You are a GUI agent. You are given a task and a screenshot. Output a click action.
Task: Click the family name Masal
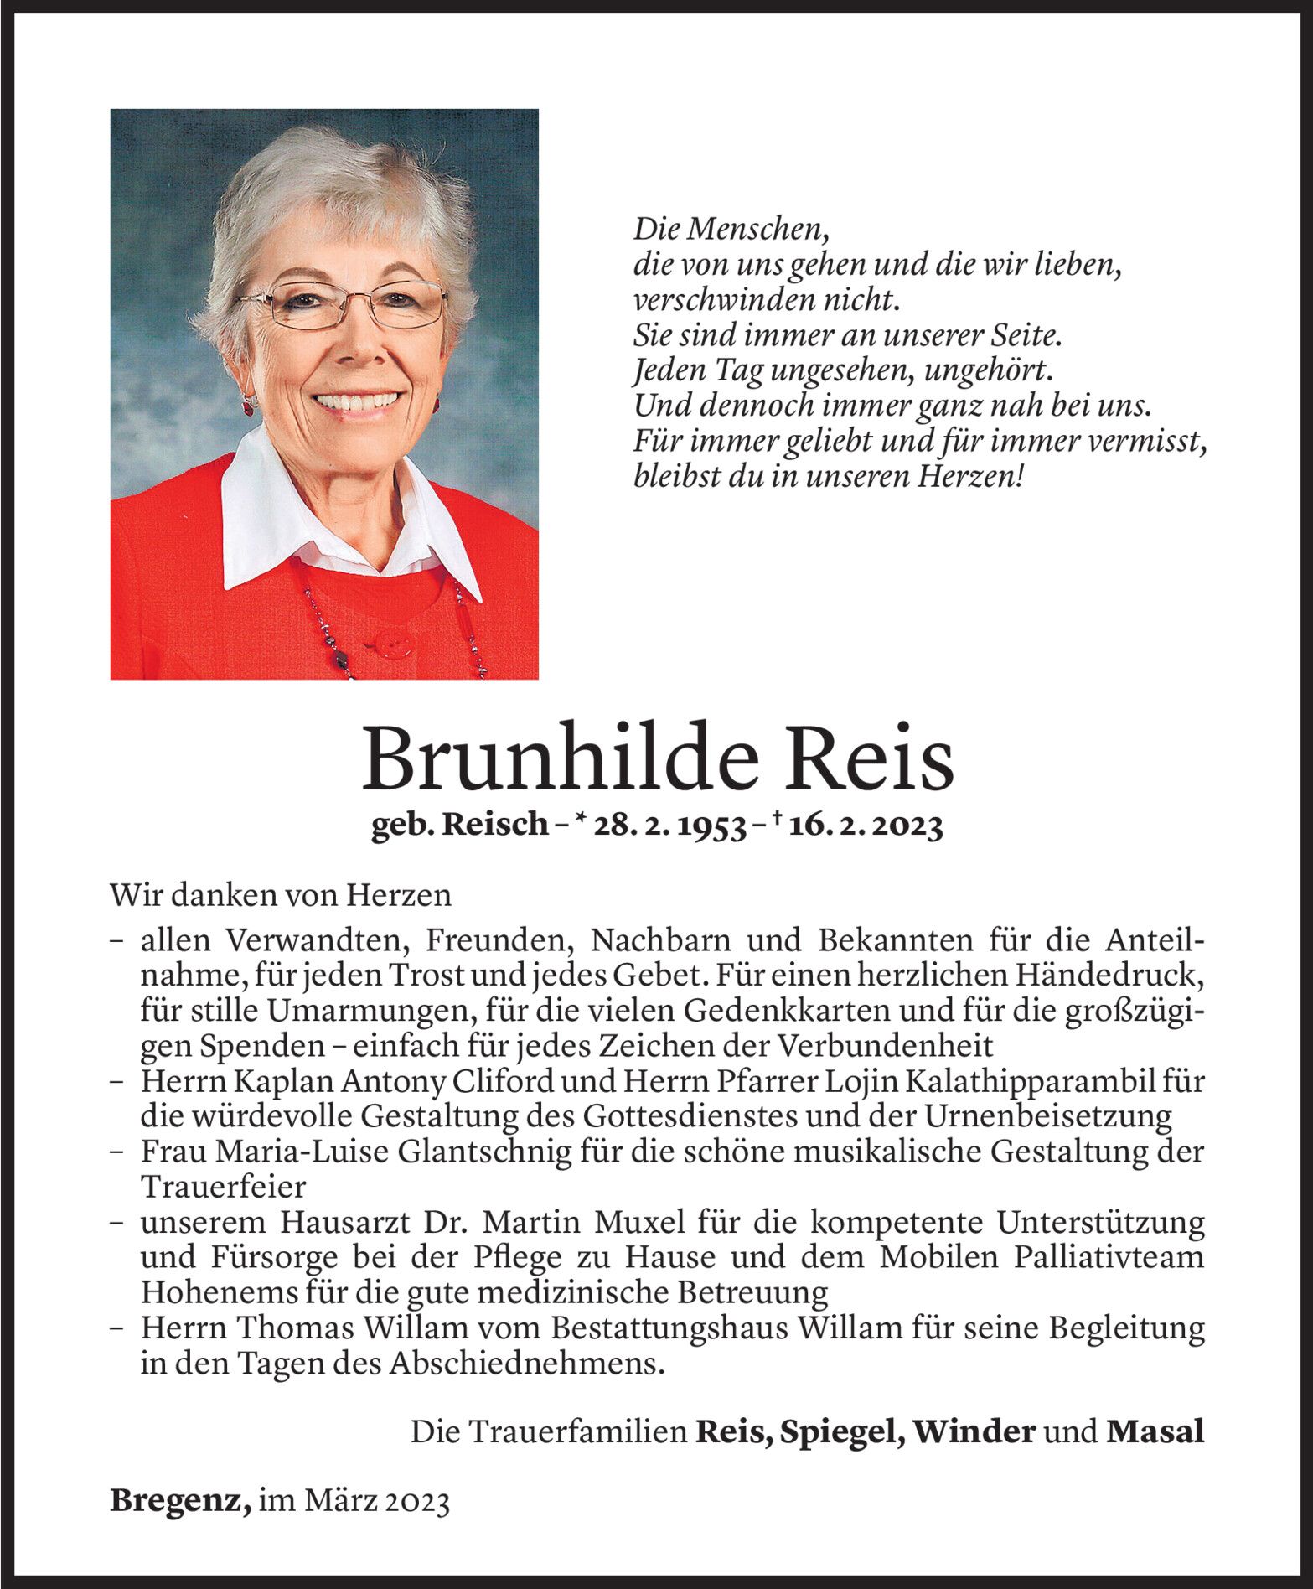click(x=1155, y=1432)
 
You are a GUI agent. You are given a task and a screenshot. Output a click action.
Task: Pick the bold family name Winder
click(x=974, y=1432)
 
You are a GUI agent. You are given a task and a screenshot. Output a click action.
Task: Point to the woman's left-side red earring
click(x=249, y=404)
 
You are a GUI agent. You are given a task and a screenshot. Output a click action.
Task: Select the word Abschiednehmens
click(x=525, y=1364)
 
